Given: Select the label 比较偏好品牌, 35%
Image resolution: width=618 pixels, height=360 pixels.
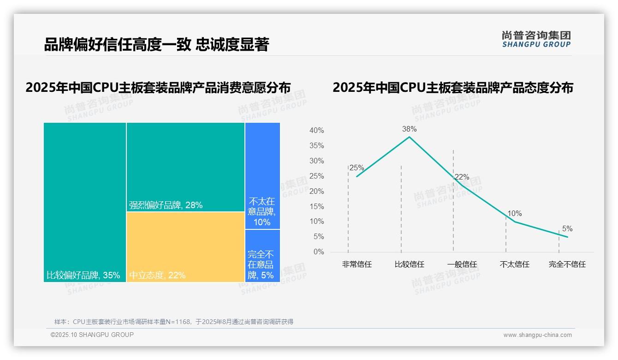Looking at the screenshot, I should (x=83, y=276).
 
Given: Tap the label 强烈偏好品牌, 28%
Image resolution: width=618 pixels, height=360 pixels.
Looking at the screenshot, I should (x=166, y=205).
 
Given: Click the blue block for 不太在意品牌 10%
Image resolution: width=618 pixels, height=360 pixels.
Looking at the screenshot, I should (x=262, y=175).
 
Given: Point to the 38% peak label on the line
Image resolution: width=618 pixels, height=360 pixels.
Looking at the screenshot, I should (x=409, y=129).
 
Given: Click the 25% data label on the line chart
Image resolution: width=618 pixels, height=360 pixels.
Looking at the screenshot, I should (x=357, y=168).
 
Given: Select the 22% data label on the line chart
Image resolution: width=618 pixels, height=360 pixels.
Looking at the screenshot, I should (x=462, y=177).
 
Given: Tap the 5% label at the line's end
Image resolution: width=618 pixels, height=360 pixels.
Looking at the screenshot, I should (x=567, y=228).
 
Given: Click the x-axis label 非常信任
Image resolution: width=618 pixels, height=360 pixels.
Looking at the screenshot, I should (x=357, y=264).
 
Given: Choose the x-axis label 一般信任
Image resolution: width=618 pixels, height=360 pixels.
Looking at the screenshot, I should (x=462, y=264).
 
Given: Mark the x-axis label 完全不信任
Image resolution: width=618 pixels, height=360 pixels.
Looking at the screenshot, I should (x=567, y=264).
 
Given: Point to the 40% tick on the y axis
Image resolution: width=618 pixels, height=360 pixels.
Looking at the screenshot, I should (x=316, y=131).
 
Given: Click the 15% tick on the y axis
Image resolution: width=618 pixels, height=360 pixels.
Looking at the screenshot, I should (x=316, y=206).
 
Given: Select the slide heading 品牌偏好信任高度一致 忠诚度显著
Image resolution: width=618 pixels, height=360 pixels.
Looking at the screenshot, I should (x=156, y=44).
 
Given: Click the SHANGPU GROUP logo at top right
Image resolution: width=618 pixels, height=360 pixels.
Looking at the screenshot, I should (x=536, y=39).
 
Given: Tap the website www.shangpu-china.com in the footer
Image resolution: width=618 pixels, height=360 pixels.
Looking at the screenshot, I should (x=537, y=335).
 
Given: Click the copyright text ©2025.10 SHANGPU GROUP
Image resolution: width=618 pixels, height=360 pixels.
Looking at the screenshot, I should (x=92, y=335).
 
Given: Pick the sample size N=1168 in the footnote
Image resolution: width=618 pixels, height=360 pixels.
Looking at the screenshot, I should (x=174, y=322).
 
